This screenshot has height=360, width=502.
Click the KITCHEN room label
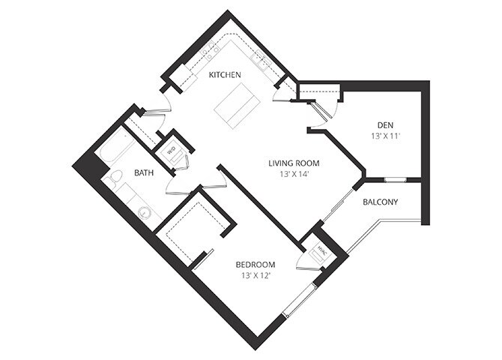click(225, 75)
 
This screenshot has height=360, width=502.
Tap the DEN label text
click(385, 125)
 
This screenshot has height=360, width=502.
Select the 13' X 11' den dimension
click(386, 136)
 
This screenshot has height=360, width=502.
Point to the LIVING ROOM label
click(294, 163)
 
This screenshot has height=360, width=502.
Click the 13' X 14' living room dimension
click(294, 175)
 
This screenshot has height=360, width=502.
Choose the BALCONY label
click(381, 202)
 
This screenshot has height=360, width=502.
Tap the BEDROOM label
click(255, 265)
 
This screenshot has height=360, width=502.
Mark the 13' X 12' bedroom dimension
click(255, 275)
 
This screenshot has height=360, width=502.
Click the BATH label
click(144, 173)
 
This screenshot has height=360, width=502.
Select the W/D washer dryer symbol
click(172, 150)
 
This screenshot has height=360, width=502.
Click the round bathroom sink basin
click(145, 212)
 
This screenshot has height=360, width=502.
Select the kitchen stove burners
click(210, 50)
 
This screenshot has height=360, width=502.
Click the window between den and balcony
click(396, 179)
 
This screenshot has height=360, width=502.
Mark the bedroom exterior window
click(300, 300)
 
